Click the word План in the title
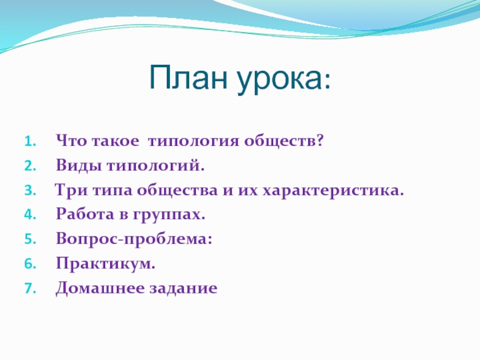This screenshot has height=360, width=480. pyautogui.click(x=188, y=77)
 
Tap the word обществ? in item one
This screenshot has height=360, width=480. pyautogui.click(x=284, y=140)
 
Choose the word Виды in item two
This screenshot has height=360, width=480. pyautogui.click(x=79, y=166)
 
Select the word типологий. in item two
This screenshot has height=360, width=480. pyautogui.click(x=155, y=166)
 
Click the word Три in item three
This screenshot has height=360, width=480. pyautogui.click(x=71, y=190)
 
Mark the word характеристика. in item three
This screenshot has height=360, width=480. pyautogui.click(x=334, y=191)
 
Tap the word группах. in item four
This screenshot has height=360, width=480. pyautogui.click(x=169, y=215)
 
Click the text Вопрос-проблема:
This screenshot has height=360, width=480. pyautogui.click(x=134, y=239)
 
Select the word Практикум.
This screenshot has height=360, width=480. pyautogui.click(x=106, y=264)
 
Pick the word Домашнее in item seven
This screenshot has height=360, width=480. pyautogui.click(x=100, y=289)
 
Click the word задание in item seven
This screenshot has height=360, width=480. pyautogui.click(x=184, y=289)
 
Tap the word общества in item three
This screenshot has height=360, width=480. pyautogui.click(x=177, y=190)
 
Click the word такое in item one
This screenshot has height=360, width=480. pyautogui.click(x=115, y=142)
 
